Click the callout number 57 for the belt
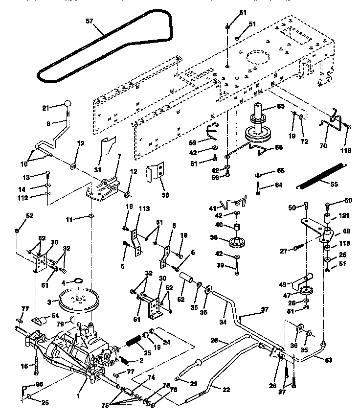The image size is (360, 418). [89, 22]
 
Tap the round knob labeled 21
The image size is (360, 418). [68, 104]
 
